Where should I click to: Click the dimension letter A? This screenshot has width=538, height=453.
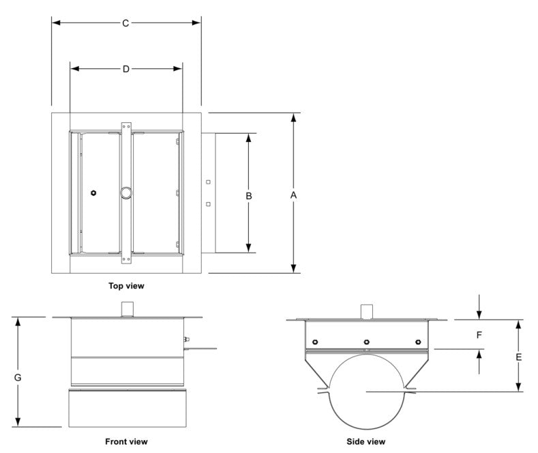coord(294,195)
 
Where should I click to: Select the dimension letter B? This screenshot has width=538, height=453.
coord(249,195)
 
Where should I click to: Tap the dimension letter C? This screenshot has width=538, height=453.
coord(125,23)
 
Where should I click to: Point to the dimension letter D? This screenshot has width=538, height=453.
coord(125,69)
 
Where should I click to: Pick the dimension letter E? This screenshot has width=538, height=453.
coord(519,357)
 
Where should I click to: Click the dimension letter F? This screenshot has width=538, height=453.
coord(479,335)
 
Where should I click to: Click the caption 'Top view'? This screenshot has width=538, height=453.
coord(126,286)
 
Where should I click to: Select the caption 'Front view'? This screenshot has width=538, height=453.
coord(126,441)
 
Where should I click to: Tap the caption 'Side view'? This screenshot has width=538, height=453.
coord(367,441)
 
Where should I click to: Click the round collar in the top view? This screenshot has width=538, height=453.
coord(125,193)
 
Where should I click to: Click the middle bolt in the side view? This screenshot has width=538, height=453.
coord(366,342)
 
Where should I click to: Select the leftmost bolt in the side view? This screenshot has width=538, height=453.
coord(314,342)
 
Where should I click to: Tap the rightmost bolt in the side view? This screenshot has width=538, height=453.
coord(417,342)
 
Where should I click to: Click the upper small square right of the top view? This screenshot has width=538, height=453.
coord(208,182)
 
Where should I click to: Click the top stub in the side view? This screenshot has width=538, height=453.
coord(367,311)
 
